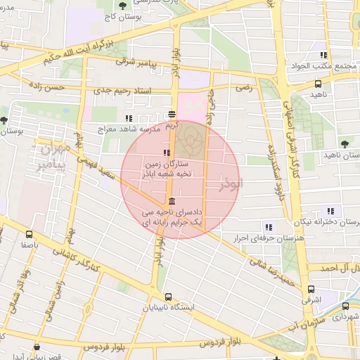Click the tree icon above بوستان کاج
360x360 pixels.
pyautogui.click(x=124, y=6)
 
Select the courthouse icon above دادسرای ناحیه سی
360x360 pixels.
pyautogui.click(x=172, y=201)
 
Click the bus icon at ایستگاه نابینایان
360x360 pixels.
pyautogui.click(x=168, y=297)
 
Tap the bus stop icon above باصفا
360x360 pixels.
pyautogui.click(x=29, y=235)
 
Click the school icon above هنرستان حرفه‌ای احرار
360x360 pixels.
pyautogui.click(x=268, y=226)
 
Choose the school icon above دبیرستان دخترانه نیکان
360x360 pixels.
pyautogui.click(x=330, y=211)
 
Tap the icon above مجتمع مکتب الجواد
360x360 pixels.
pyautogui.click(x=323, y=55)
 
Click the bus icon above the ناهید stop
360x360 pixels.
pyautogui.click(x=319, y=84)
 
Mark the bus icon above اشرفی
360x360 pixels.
pyautogui.click(x=311, y=289)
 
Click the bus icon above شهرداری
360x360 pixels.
pyautogui.click(x=345, y=306)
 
